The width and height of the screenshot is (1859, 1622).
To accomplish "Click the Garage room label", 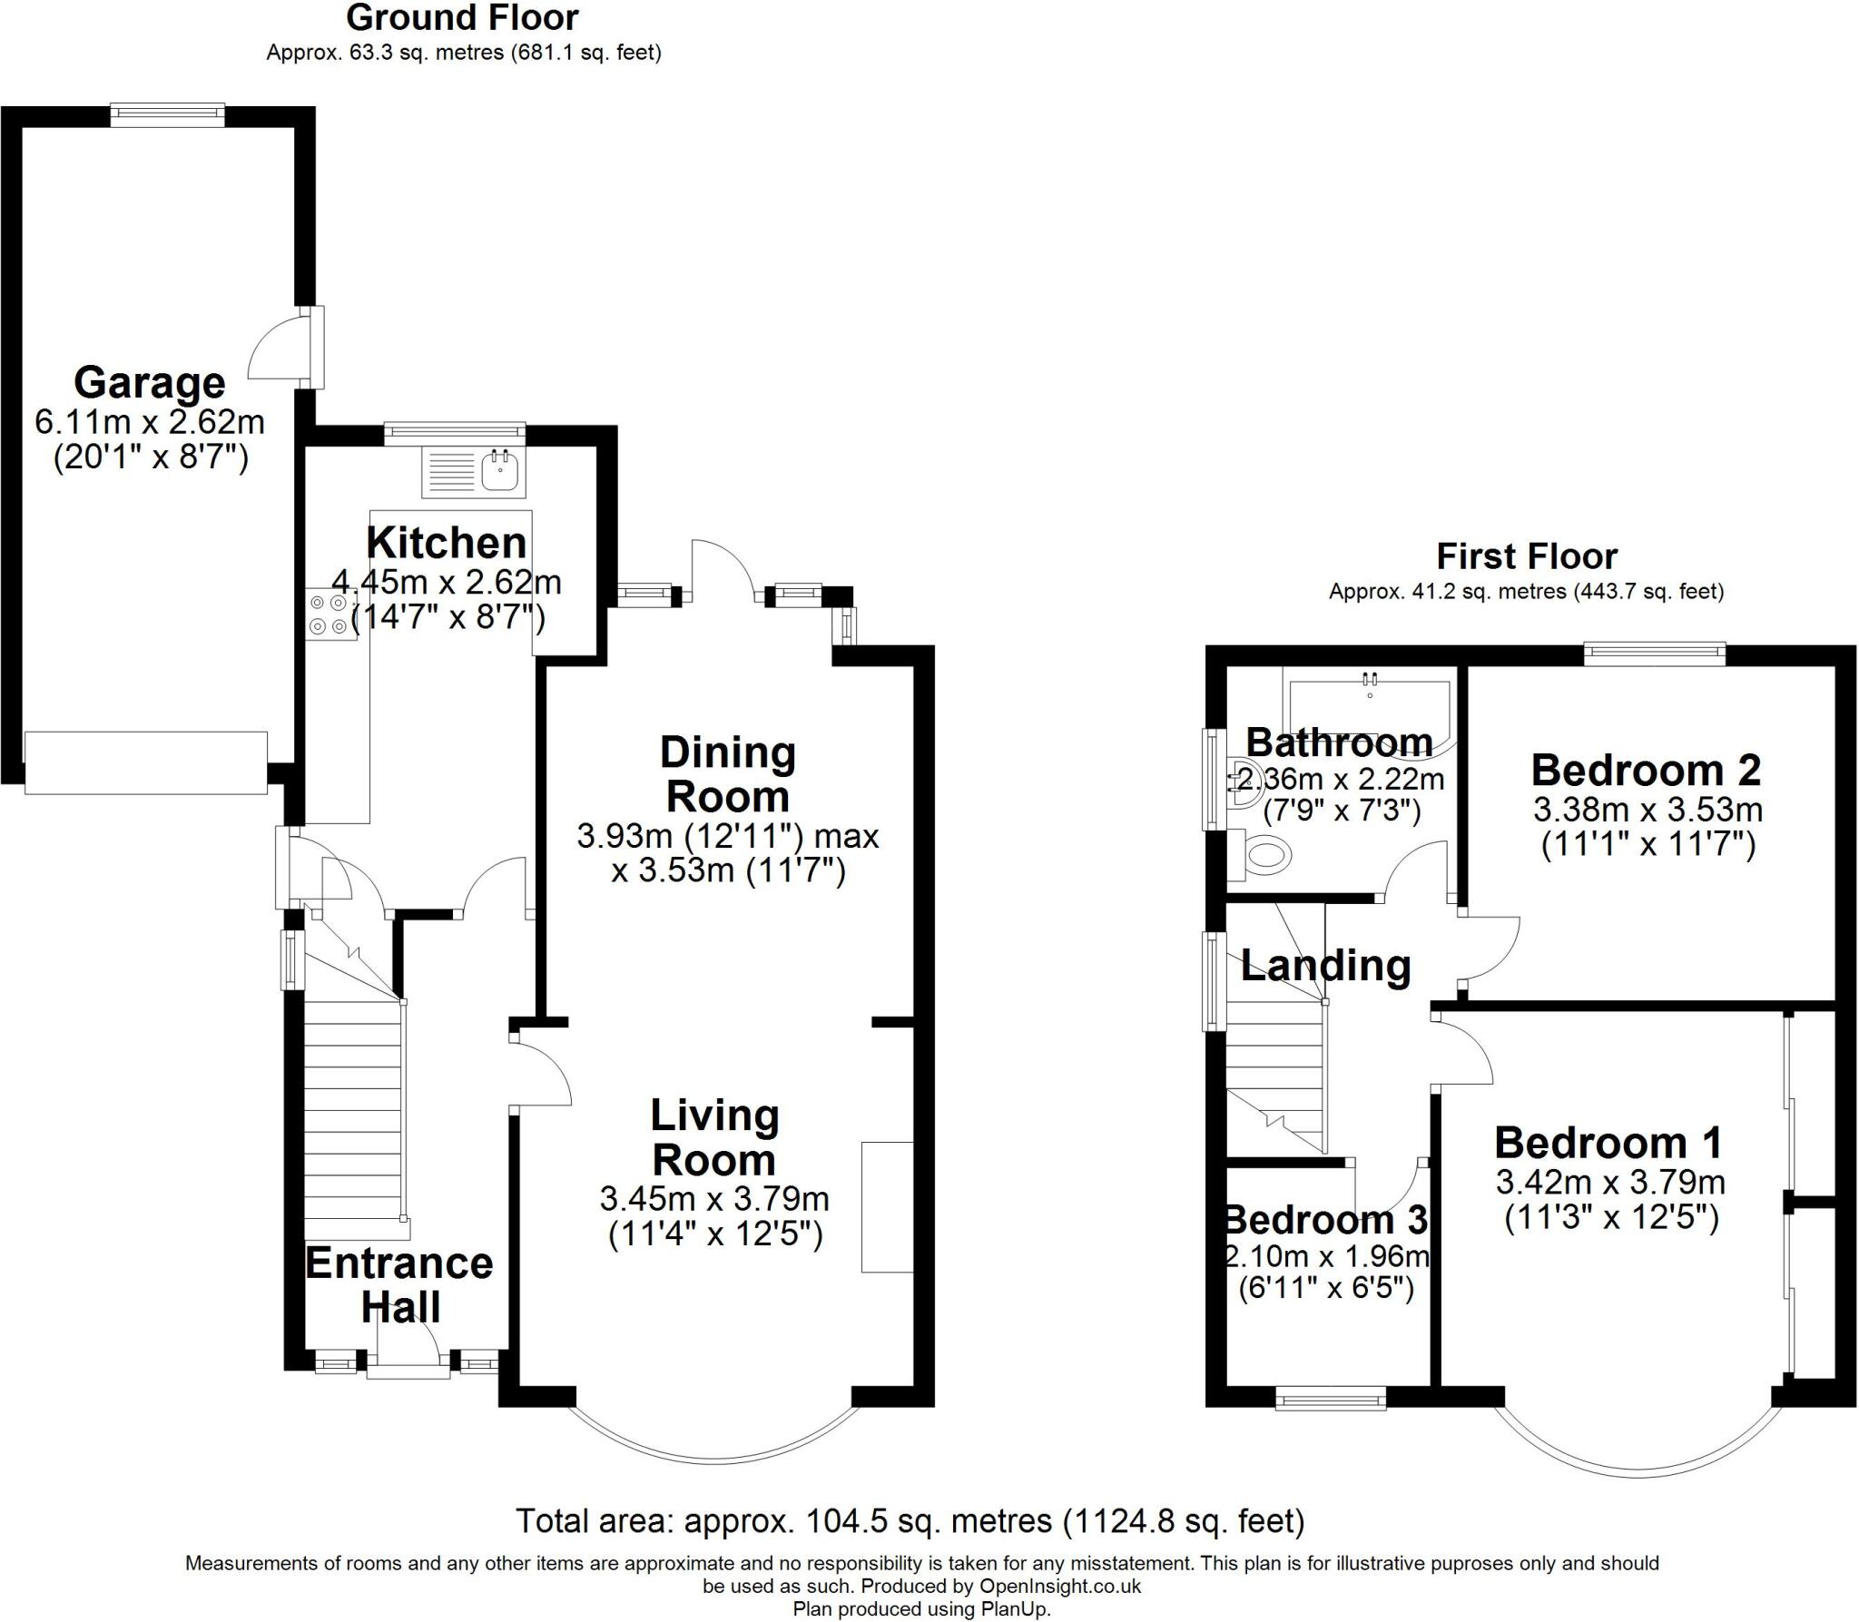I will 149,382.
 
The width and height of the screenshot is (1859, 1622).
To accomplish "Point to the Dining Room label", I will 727,774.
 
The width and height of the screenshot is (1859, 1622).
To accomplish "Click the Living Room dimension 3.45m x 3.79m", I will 714,1199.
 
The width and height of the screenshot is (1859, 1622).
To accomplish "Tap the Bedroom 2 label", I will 1646,770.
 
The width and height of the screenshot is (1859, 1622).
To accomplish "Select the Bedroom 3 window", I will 1331,1399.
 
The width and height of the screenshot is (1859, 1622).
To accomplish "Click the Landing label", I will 1325,965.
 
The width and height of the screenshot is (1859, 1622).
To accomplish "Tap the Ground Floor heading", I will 462,18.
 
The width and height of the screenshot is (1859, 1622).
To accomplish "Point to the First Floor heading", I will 1526,555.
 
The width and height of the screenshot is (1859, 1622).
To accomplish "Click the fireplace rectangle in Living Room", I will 887,1207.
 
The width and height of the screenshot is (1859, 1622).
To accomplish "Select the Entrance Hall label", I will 399,1284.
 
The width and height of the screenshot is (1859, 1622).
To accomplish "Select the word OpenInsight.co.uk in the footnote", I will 1059,1586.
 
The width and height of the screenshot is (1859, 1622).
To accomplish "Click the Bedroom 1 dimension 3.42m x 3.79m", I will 1610,1182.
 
